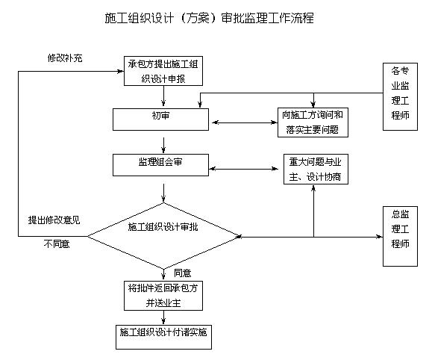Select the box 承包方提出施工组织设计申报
point(163,71)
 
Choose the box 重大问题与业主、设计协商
point(314,170)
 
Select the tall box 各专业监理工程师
point(400,96)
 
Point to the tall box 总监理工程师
point(400,235)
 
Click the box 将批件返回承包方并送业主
point(163,295)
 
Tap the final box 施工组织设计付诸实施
point(163,337)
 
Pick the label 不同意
point(57,244)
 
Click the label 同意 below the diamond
point(182,273)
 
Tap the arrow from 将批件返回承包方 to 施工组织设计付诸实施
point(163,317)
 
